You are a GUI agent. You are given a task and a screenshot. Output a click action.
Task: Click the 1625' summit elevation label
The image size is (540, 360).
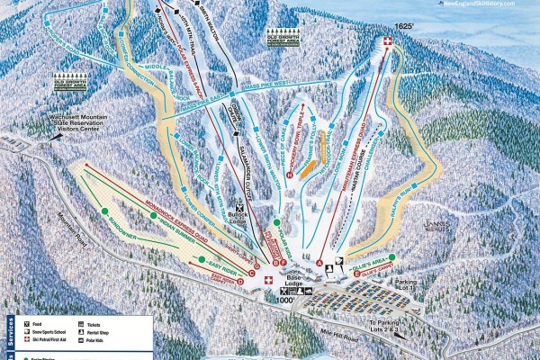[x=389, y=28]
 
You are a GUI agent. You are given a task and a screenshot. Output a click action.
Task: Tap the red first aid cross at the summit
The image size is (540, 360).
[x=388, y=42]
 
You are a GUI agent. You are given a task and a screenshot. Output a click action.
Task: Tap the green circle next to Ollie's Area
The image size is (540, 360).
[x=392, y=256]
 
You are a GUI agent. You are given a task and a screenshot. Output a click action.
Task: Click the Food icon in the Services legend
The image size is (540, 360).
[x=29, y=322]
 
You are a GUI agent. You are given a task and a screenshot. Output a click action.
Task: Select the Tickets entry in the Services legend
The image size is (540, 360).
[x=81, y=322]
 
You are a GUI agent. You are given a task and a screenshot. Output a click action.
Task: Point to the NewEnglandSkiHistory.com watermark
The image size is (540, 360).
[x=494, y=4]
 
